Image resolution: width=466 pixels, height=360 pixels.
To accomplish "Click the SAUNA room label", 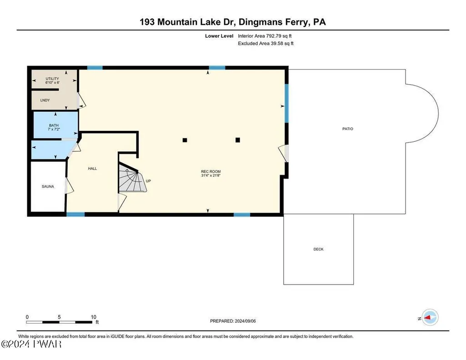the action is (48, 186).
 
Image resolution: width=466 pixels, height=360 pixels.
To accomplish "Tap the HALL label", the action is (92, 169).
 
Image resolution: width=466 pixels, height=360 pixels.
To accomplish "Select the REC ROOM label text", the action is (210, 171).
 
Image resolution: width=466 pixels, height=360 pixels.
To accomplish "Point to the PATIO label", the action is (348, 129).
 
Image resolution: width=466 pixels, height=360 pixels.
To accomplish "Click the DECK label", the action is (318, 249).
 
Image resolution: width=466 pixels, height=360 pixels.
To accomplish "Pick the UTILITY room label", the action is (52, 79).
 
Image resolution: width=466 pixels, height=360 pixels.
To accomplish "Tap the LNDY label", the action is (45, 100).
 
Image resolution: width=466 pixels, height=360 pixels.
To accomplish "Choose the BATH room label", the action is (54, 125).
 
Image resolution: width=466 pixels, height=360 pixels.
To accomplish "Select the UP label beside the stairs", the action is (148, 181).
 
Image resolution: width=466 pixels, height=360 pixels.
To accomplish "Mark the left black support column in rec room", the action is (185, 140).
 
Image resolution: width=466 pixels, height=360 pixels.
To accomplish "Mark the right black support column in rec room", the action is (238, 140).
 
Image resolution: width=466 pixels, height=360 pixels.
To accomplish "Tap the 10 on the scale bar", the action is (93, 317).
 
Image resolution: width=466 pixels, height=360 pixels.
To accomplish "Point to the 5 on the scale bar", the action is (59, 317).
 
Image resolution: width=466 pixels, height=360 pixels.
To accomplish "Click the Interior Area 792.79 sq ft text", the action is (265, 36).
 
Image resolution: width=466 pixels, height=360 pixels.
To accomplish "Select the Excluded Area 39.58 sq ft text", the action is (266, 43).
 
